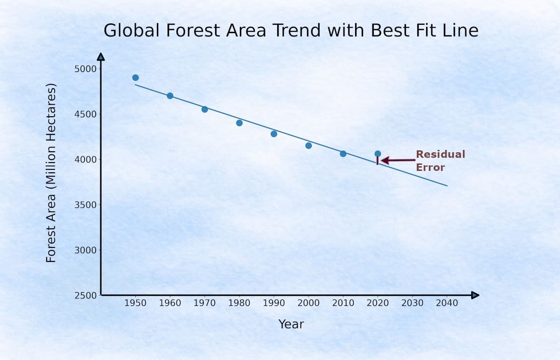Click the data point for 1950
tap(135, 78)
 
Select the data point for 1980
tap(239, 123)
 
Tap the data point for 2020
tap(378, 154)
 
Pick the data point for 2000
tap(308, 146)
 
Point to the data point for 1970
tap(205, 109)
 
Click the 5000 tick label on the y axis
tap(85, 69)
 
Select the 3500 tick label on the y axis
tap(85, 205)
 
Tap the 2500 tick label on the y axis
tap(85, 296)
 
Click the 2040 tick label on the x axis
tap(447, 303)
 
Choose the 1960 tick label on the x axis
tap(170, 303)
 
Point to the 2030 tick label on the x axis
tap(412, 303)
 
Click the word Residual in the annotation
tap(441, 155)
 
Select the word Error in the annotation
tap(430, 167)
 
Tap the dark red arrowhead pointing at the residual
tap(385, 160)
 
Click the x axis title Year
tap(291, 324)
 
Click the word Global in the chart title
tap(132, 30)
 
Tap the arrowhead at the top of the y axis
tap(101, 56)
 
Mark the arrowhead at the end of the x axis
tap(475, 295)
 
